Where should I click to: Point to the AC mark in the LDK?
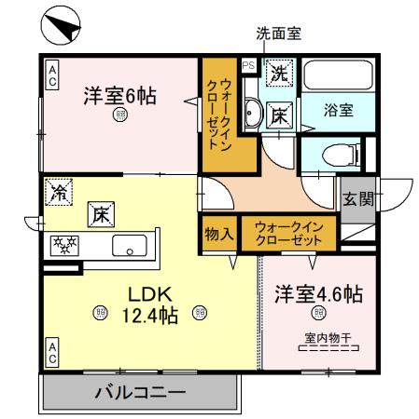pos(52,352)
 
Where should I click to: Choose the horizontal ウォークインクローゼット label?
pos(288,232)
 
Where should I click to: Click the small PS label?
pos(248,66)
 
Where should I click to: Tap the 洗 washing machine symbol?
pos(278,70)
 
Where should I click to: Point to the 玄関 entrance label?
pos(356,197)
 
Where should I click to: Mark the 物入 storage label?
pos(219,233)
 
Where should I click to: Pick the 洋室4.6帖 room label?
pos(317,293)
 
